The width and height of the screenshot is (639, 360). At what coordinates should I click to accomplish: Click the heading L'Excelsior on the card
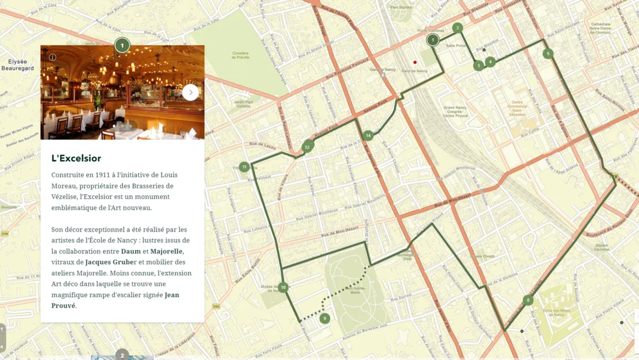[76, 159]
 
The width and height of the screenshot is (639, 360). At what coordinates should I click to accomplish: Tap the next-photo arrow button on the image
[190, 92]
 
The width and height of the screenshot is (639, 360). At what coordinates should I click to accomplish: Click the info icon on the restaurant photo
[52, 57]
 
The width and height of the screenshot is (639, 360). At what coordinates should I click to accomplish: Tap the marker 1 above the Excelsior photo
[122, 45]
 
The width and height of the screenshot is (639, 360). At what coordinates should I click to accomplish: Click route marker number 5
[547, 53]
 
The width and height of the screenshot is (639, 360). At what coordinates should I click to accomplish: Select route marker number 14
[368, 136]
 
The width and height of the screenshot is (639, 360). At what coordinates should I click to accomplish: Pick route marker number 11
[244, 167]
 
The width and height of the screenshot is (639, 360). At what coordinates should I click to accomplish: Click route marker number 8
[527, 300]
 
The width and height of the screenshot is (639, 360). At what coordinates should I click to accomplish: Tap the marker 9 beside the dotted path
[325, 318]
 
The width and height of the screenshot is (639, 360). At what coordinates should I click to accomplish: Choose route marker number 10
[283, 287]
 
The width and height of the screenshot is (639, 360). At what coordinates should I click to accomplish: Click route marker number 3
[478, 66]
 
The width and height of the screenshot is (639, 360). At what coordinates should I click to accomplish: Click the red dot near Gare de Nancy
[415, 62]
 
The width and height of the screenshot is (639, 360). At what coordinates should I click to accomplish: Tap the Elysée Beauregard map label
[17, 64]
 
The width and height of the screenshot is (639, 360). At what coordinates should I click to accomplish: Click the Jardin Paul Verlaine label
[243, 104]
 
